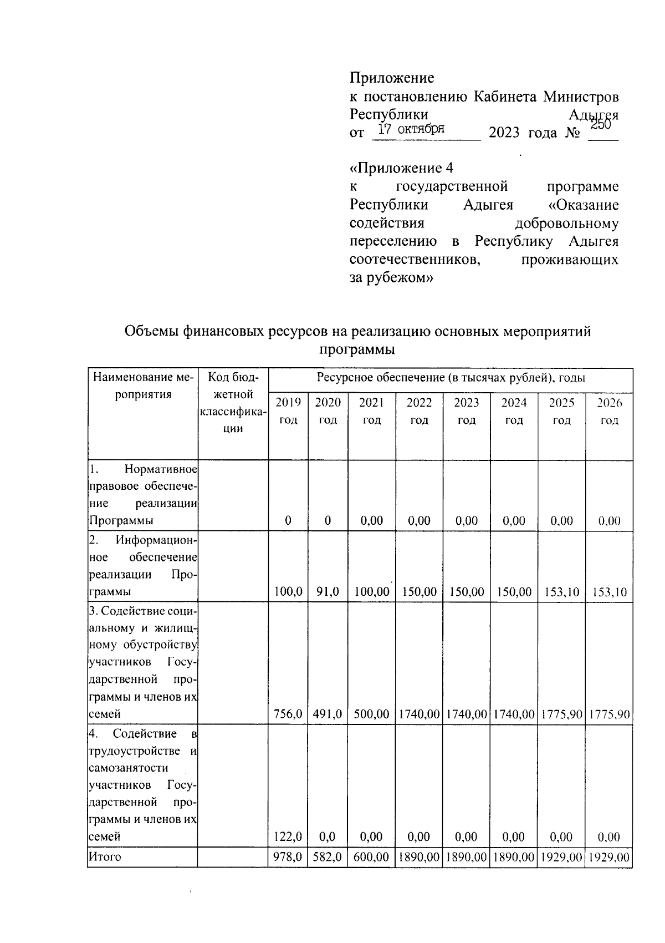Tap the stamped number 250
600,125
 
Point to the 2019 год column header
288,411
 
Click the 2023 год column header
467,411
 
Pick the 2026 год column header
609,411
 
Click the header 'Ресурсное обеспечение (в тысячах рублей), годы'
451,378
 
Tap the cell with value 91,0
328,592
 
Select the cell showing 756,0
288,714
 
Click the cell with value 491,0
328,714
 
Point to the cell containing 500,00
372,714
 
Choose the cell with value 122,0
288,836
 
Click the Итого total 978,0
288,857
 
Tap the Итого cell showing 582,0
328,857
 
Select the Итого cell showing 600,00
372,857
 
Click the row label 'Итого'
105,857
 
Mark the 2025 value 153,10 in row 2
561,592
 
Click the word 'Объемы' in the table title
149,332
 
